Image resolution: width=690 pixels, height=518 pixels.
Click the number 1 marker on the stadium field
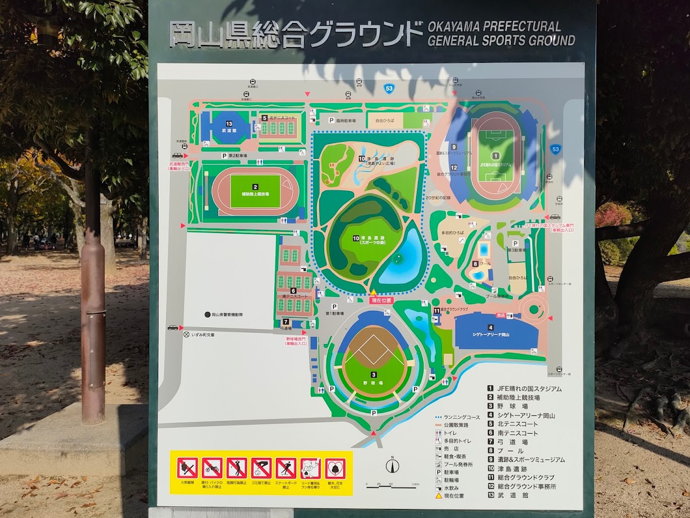[495, 155]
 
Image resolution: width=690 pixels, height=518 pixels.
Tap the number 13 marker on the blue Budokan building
[229, 123]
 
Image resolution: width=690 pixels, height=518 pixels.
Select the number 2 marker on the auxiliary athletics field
[255, 187]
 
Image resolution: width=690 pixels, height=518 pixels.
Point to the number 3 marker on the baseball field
[373, 374]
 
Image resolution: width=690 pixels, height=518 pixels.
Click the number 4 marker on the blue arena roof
[490, 327]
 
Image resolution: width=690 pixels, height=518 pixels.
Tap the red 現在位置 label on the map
[381, 300]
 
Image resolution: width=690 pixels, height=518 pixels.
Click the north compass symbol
[392, 465]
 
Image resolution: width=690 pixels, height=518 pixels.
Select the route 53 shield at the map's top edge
[388, 88]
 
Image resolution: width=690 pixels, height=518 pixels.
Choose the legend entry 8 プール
[505, 451]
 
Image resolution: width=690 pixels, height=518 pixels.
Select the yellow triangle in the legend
[439, 496]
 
